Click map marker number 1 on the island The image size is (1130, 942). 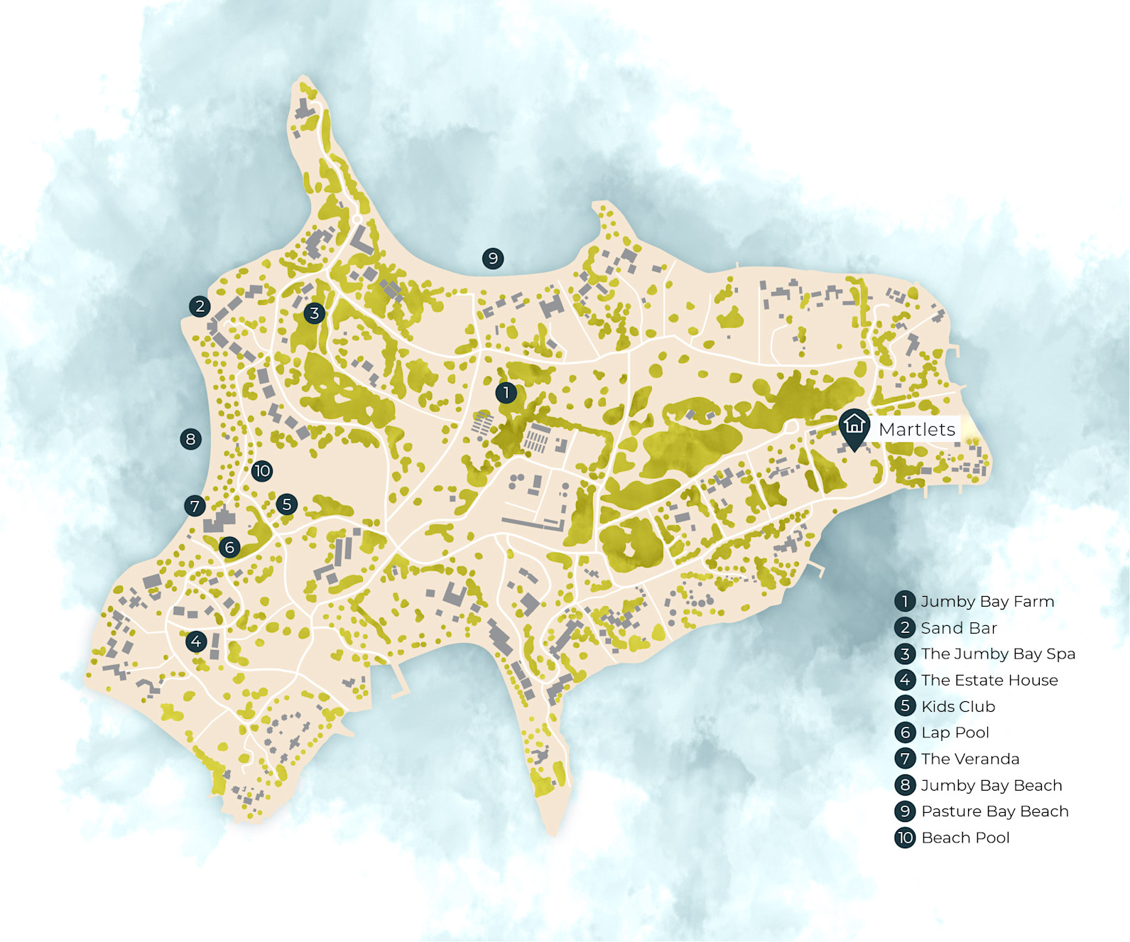point(506,392)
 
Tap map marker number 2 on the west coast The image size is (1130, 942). point(200,306)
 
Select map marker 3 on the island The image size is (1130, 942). point(314,313)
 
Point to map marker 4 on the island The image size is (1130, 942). point(196,641)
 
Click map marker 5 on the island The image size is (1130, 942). point(286,504)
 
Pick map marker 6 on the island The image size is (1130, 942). point(229,547)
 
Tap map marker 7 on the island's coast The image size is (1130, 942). point(195,506)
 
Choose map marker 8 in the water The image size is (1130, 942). point(190,439)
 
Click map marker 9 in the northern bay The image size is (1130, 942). point(493,258)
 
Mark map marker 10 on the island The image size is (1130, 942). point(261,470)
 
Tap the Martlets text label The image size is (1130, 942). point(917,429)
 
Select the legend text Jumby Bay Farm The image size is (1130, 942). point(987,602)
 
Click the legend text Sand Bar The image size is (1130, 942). point(959,628)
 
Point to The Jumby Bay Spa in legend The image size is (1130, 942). point(998,654)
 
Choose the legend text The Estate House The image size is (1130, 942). point(989,680)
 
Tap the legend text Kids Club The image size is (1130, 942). point(958,706)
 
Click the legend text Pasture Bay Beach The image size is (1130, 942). point(994,811)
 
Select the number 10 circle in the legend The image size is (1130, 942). point(905,838)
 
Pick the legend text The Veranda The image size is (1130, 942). point(970,759)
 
